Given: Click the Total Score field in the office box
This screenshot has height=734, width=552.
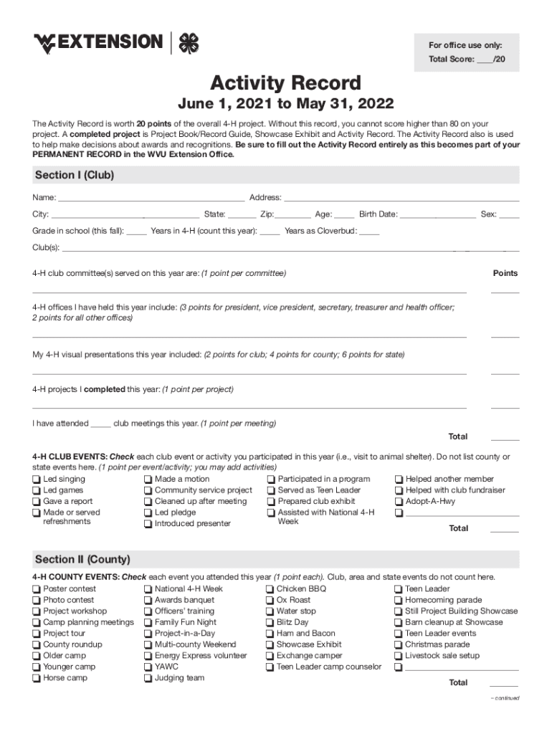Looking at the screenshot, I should (485, 59).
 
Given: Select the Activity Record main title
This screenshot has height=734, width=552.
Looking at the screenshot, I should (285, 83).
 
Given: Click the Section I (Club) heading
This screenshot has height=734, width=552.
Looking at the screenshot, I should (75, 175).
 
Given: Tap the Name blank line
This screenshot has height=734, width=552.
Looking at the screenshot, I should (151, 198).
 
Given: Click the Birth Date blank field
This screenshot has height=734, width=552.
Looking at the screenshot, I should (437, 214).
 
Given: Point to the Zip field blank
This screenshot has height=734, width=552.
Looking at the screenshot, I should (293, 214).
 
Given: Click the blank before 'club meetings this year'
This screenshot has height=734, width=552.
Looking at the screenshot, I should (100, 424).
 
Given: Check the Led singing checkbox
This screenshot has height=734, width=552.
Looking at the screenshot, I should (37, 480).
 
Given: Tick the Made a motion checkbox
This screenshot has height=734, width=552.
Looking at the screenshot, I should (148, 480).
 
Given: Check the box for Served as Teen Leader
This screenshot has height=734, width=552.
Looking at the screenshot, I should (272, 491).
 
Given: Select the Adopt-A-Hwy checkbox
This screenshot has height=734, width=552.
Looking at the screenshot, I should (399, 502).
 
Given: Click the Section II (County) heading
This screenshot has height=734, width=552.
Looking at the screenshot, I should (82, 559).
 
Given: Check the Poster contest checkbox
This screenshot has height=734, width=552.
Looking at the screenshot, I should (37, 589).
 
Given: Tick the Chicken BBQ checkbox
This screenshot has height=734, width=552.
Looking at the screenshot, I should (270, 589).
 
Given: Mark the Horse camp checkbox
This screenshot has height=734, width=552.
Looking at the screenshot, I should (37, 678).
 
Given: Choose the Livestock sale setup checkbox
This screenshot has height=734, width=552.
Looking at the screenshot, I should (399, 656).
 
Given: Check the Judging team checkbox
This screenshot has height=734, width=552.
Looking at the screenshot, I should (148, 678).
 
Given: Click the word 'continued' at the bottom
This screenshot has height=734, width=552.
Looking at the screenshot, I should (505, 698).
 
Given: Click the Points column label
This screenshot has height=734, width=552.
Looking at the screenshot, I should (505, 273).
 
